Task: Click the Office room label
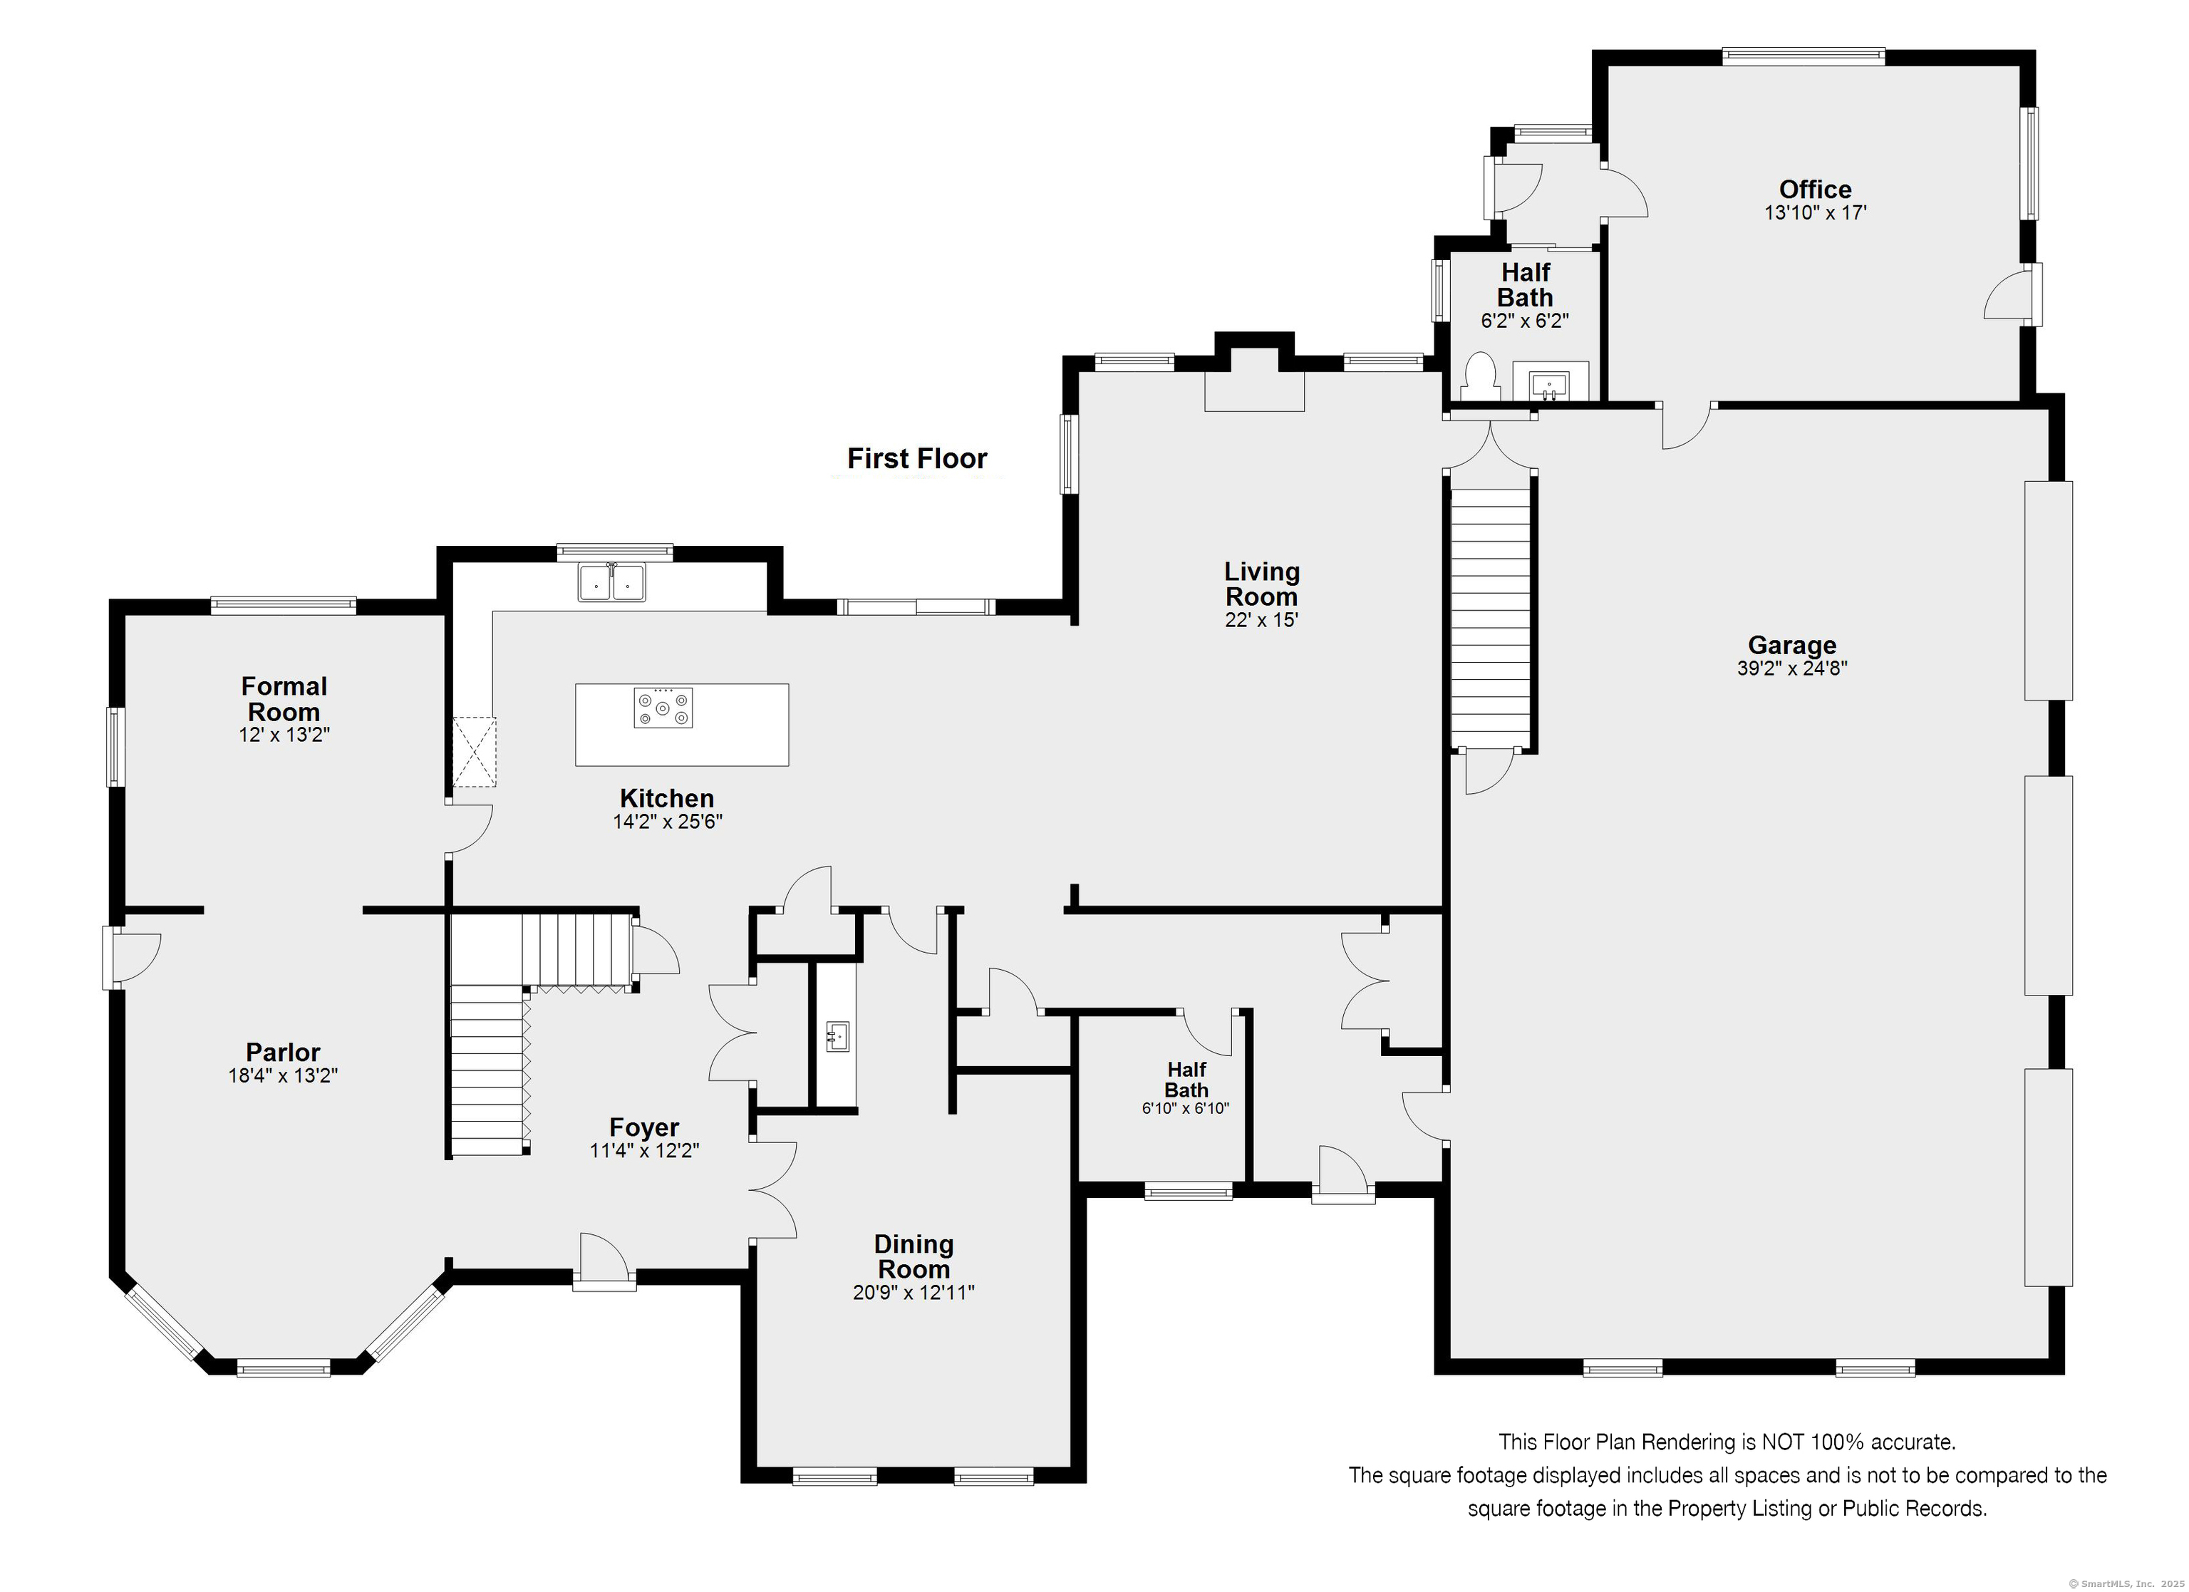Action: [x=1814, y=190]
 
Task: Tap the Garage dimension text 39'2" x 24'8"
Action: [x=1792, y=668]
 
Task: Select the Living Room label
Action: [x=1261, y=584]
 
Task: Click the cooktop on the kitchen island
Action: [x=663, y=708]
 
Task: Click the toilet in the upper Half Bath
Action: [x=1479, y=376]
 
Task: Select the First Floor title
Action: [x=917, y=459]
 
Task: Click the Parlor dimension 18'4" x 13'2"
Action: [x=283, y=1075]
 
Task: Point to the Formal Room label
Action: [x=284, y=699]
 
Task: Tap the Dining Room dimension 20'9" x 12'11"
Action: [x=913, y=1293]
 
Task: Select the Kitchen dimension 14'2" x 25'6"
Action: [x=668, y=822]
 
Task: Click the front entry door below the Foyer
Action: [x=604, y=1261]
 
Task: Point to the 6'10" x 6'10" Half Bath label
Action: [x=1186, y=1088]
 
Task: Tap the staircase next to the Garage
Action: [x=1491, y=617]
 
